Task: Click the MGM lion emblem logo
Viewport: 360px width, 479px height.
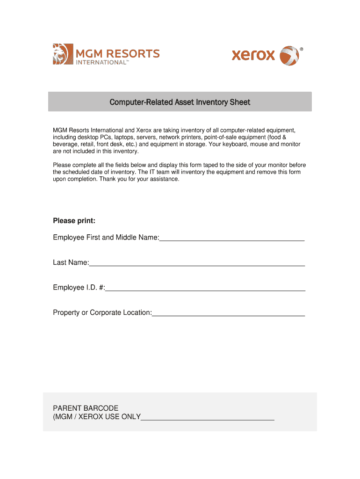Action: [63, 54]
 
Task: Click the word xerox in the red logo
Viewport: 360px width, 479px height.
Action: [253, 55]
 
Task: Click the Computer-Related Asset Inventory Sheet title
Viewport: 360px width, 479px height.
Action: [180, 102]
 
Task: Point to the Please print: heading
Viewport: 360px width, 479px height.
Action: [74, 221]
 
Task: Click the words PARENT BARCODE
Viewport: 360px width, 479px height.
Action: [86, 408]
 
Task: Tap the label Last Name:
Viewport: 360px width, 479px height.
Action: [71, 263]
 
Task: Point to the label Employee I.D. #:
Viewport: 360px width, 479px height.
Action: [79, 288]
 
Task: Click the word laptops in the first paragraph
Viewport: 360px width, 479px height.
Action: [125, 137]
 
